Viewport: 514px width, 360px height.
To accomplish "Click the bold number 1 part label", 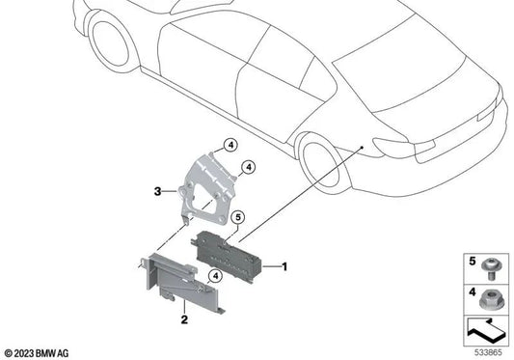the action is tap(284, 266).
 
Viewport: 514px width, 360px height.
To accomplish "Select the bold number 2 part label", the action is tap(184, 318).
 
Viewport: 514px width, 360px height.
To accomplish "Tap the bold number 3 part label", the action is tap(158, 191).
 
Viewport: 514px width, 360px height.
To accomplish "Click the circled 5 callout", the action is tap(237, 217).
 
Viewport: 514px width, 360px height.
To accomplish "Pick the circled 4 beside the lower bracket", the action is tap(215, 276).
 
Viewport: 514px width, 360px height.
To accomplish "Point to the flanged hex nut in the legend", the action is tap(490, 300).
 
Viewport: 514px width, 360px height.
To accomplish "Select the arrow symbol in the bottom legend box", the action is tap(486, 330).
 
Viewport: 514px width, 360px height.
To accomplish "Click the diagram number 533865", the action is tap(488, 353).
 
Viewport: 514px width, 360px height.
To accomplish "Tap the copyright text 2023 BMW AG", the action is tap(37, 353).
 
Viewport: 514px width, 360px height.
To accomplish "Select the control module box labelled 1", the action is tap(228, 257).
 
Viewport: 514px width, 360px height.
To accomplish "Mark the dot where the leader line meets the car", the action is tap(362, 148).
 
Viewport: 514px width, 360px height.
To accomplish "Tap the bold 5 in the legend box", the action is tap(472, 262).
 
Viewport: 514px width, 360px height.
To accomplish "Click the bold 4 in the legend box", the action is tap(472, 291).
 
